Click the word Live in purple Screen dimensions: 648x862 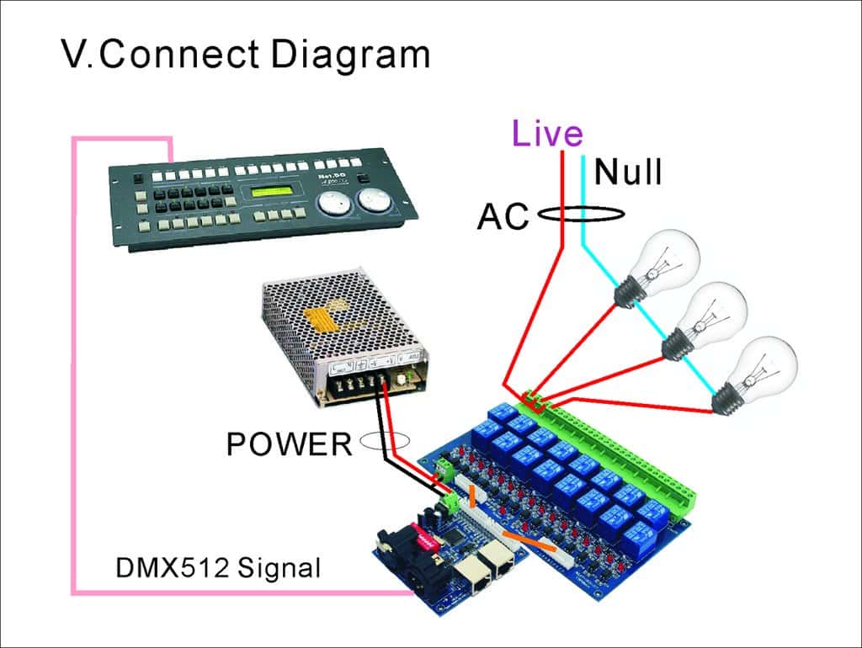547,135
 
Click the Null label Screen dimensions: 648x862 628,173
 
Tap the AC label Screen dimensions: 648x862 503,216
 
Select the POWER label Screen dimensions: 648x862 289,443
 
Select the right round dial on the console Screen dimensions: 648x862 373,202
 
